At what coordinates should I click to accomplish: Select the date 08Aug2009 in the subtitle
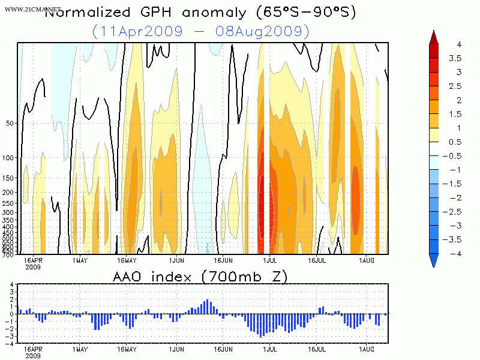click(272, 31)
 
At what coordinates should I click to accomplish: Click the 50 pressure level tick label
click(10, 123)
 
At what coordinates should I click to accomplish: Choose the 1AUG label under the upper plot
click(366, 261)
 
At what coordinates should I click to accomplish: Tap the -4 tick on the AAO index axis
click(11, 344)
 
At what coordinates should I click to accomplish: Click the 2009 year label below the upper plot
click(32, 267)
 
